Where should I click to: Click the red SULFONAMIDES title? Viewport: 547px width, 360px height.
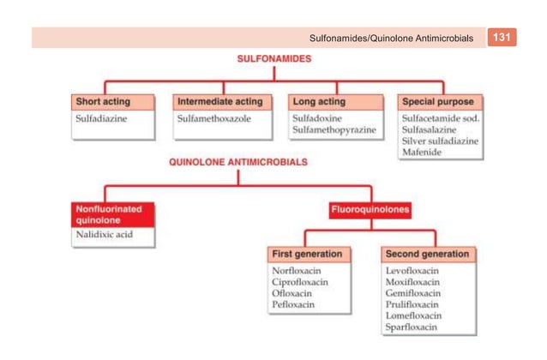pos(273,61)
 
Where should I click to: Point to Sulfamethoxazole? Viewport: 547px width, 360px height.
pos(214,118)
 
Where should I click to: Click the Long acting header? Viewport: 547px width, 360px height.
pos(319,101)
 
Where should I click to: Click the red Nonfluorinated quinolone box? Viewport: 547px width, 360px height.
pos(112,213)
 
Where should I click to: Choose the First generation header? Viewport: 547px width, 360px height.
pos(308,255)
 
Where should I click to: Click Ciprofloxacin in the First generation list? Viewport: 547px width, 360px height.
pos(299,282)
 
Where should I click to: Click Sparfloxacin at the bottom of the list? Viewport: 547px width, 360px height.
pos(412,327)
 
